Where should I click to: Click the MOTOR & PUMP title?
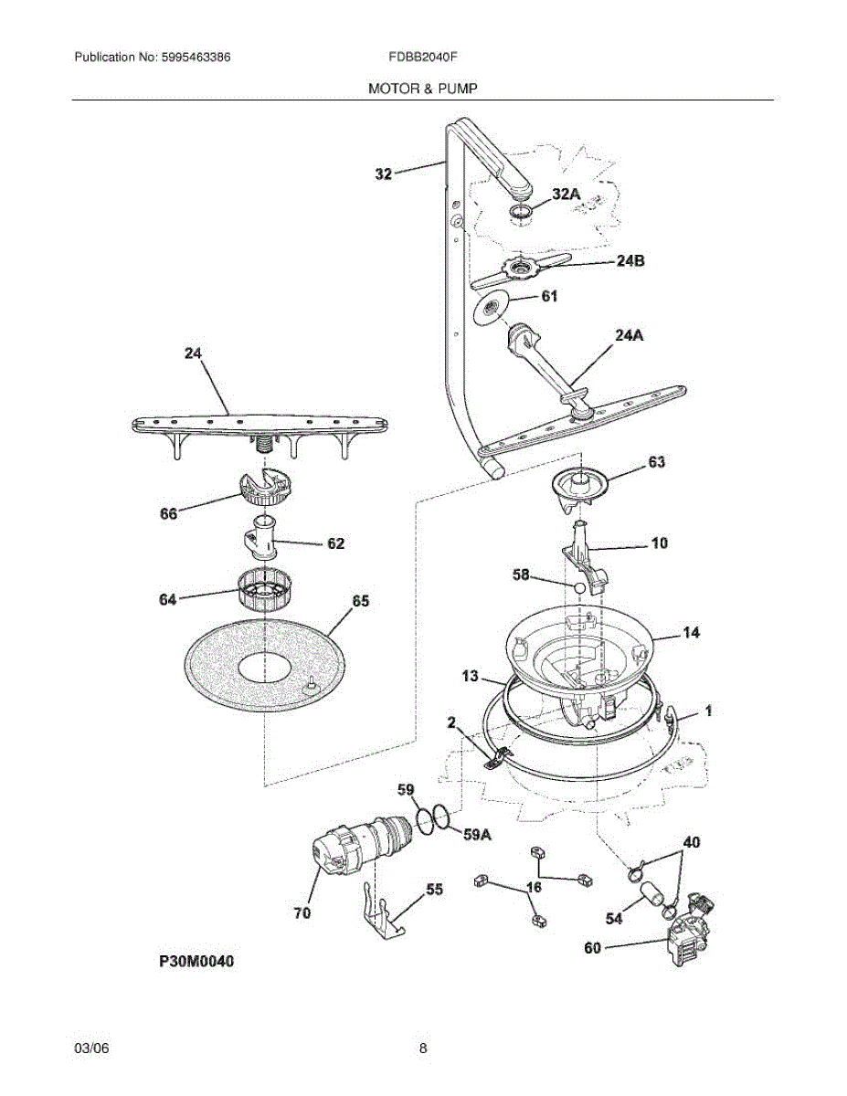click(423, 89)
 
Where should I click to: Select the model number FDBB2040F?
click(423, 57)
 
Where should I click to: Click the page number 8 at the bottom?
click(423, 1049)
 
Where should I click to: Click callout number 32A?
click(566, 194)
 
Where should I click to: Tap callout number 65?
click(361, 601)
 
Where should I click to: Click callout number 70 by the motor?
click(302, 912)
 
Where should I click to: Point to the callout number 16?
click(535, 887)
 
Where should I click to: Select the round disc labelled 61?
click(493, 309)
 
